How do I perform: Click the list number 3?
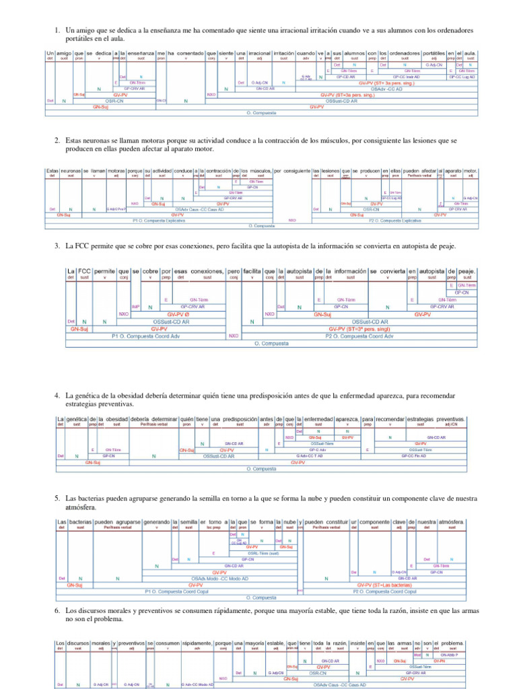(x=58, y=247)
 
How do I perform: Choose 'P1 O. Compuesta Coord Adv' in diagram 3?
(x=146, y=335)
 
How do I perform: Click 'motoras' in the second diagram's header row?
(x=116, y=172)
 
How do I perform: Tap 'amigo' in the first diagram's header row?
(x=65, y=52)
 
